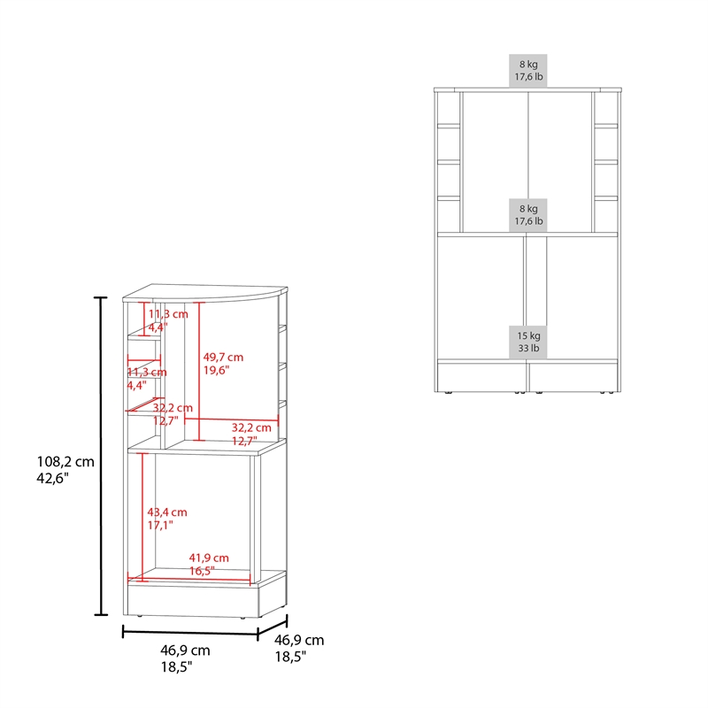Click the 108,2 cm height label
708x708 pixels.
coord(65,461)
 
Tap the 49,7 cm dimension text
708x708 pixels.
coord(223,358)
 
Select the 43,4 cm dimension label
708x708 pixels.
coord(167,512)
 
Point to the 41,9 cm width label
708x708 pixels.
coord(209,558)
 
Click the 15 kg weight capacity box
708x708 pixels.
coord(528,342)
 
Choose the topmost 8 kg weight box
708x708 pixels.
coord(527,71)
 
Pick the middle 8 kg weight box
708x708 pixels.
coord(527,215)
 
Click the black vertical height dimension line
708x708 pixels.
coord(100,456)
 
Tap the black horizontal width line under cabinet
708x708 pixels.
coord(190,632)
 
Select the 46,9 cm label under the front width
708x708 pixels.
coord(185,650)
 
